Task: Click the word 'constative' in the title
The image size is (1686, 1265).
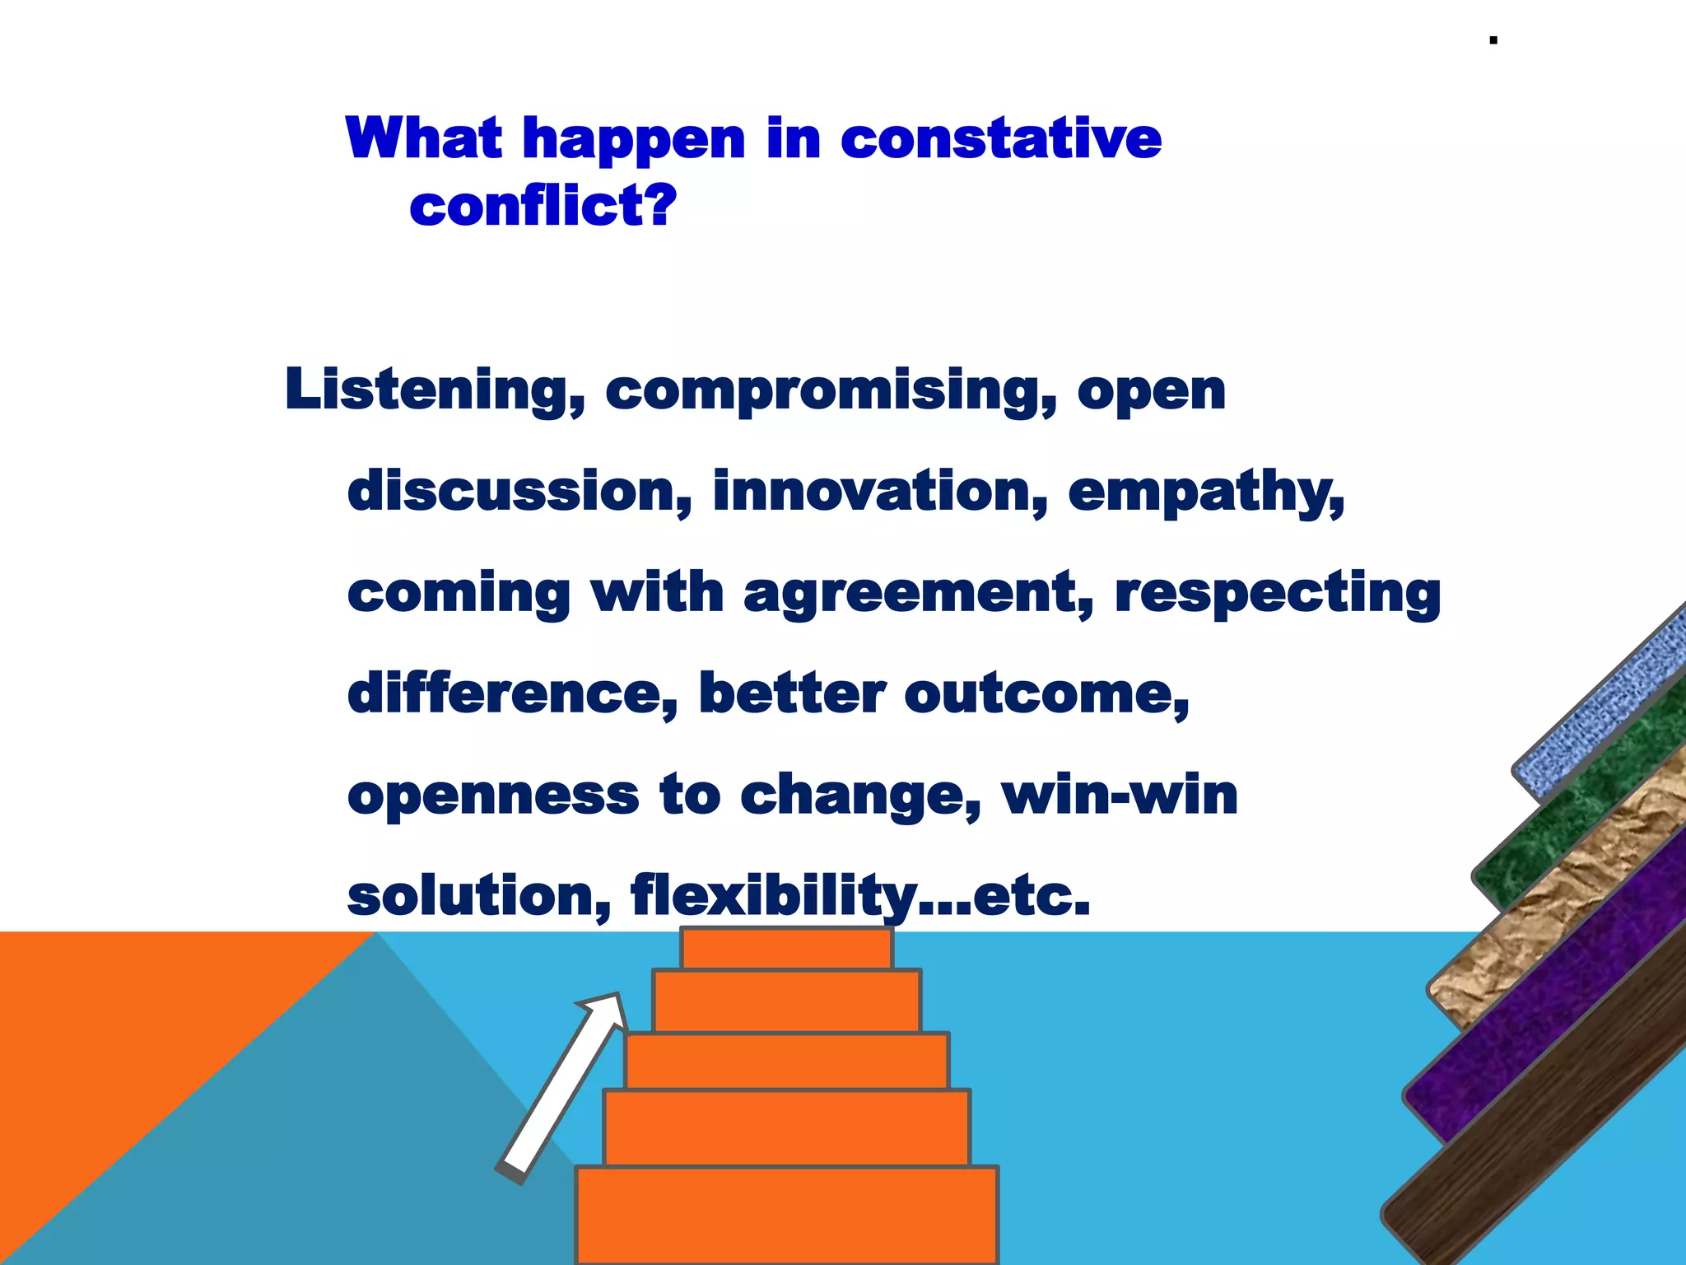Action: pyautogui.click(x=1000, y=138)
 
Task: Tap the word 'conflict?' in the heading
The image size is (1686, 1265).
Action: pyautogui.click(x=543, y=206)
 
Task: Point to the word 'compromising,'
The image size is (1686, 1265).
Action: pyautogui.click(x=831, y=391)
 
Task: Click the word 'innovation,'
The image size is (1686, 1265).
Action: pyautogui.click(x=880, y=491)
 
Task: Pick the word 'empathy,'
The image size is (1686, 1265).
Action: pyautogui.click(x=1206, y=492)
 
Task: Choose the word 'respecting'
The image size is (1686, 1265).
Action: pyautogui.click(x=1277, y=594)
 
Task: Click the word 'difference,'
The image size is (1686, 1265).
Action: pyautogui.click(x=513, y=694)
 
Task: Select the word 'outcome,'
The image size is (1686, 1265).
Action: pyautogui.click(x=1046, y=694)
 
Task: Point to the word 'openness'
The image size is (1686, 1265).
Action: pyautogui.click(x=493, y=796)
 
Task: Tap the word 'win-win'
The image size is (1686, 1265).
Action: pyautogui.click(x=1120, y=795)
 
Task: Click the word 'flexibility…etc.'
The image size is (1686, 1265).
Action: pyautogui.click(x=859, y=896)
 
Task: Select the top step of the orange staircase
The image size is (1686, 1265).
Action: pyautogui.click(x=786, y=950)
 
